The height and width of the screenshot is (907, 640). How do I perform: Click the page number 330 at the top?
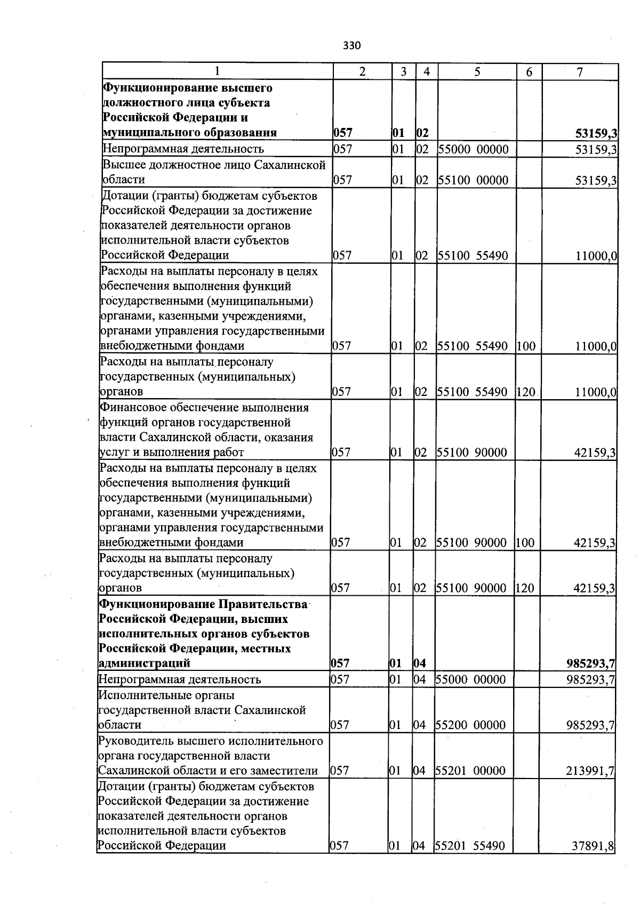click(351, 46)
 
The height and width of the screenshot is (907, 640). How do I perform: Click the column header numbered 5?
click(477, 72)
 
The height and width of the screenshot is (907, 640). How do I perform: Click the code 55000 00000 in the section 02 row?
click(473, 149)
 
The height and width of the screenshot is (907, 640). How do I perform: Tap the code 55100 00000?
click(473, 180)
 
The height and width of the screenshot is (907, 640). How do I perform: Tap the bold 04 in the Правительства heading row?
click(419, 664)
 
